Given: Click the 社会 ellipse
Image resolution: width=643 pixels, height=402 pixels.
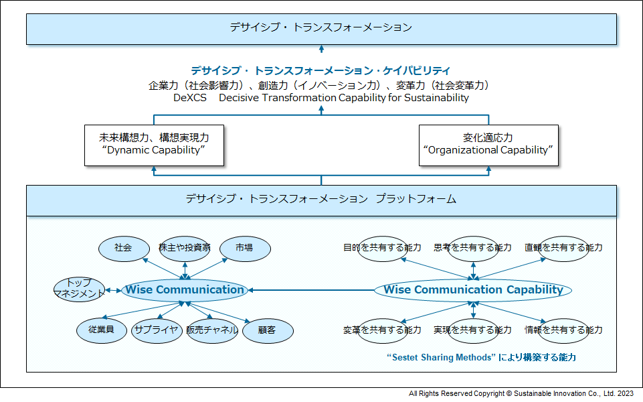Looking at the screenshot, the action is tap(124, 249).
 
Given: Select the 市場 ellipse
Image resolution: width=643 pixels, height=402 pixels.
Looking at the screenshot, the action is tap(246, 249).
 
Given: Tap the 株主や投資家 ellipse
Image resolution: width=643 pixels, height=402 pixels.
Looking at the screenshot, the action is tap(185, 249).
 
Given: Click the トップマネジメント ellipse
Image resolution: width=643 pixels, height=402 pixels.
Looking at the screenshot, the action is tap(79, 289).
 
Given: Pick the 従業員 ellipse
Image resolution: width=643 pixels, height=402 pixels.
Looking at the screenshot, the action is tap(102, 330).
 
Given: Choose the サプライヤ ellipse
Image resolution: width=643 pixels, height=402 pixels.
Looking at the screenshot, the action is tap(157, 330).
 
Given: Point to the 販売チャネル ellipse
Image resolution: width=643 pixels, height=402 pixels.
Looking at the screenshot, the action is tap(212, 330).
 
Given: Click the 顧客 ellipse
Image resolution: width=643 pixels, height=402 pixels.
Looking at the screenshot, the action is tap(268, 330).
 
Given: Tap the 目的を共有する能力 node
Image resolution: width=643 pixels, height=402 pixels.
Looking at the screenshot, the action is tap(382, 249).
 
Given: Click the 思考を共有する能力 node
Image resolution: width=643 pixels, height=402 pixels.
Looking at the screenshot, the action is tap(473, 249).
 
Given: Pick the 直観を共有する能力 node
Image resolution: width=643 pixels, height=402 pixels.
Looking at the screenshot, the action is tap(564, 249).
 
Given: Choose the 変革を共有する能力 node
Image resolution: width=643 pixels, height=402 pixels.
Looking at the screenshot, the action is tap(382, 330).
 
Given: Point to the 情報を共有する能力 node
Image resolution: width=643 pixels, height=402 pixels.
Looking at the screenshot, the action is tap(564, 330).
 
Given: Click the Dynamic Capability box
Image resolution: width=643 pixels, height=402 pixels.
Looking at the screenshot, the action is tap(154, 145).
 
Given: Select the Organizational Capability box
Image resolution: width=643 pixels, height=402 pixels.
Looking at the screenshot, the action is tap(488, 145).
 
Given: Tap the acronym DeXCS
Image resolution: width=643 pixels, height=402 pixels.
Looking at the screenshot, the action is tap(190, 98).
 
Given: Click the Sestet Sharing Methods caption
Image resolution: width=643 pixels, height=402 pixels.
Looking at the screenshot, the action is tap(482, 357).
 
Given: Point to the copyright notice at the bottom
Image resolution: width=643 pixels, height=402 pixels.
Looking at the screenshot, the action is tap(521, 393).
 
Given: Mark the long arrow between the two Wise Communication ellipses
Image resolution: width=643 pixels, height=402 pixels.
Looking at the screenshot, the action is tap(311, 290).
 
